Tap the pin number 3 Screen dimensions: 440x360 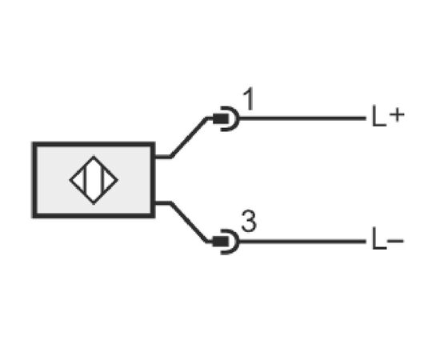point(249,221)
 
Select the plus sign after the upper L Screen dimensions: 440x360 point(397,115)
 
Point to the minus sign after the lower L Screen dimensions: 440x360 point(395,241)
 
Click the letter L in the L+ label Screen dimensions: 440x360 point(379,116)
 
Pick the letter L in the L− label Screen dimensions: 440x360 point(379,238)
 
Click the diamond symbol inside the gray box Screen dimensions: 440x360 point(94,180)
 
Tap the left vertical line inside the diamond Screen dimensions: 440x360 point(85,180)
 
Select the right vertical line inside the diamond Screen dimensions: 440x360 point(103,180)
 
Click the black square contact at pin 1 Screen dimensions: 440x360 point(221,118)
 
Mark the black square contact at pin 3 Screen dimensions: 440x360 point(221,242)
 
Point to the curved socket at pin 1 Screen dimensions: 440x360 point(236,118)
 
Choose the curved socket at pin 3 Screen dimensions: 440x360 point(236,242)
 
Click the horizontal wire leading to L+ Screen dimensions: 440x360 point(303,118)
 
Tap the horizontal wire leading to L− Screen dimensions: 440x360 point(303,242)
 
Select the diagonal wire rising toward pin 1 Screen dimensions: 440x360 point(189,138)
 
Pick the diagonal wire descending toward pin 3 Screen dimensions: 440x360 point(189,222)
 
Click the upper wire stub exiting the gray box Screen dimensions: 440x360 point(162,157)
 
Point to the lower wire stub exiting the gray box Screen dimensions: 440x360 point(162,203)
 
